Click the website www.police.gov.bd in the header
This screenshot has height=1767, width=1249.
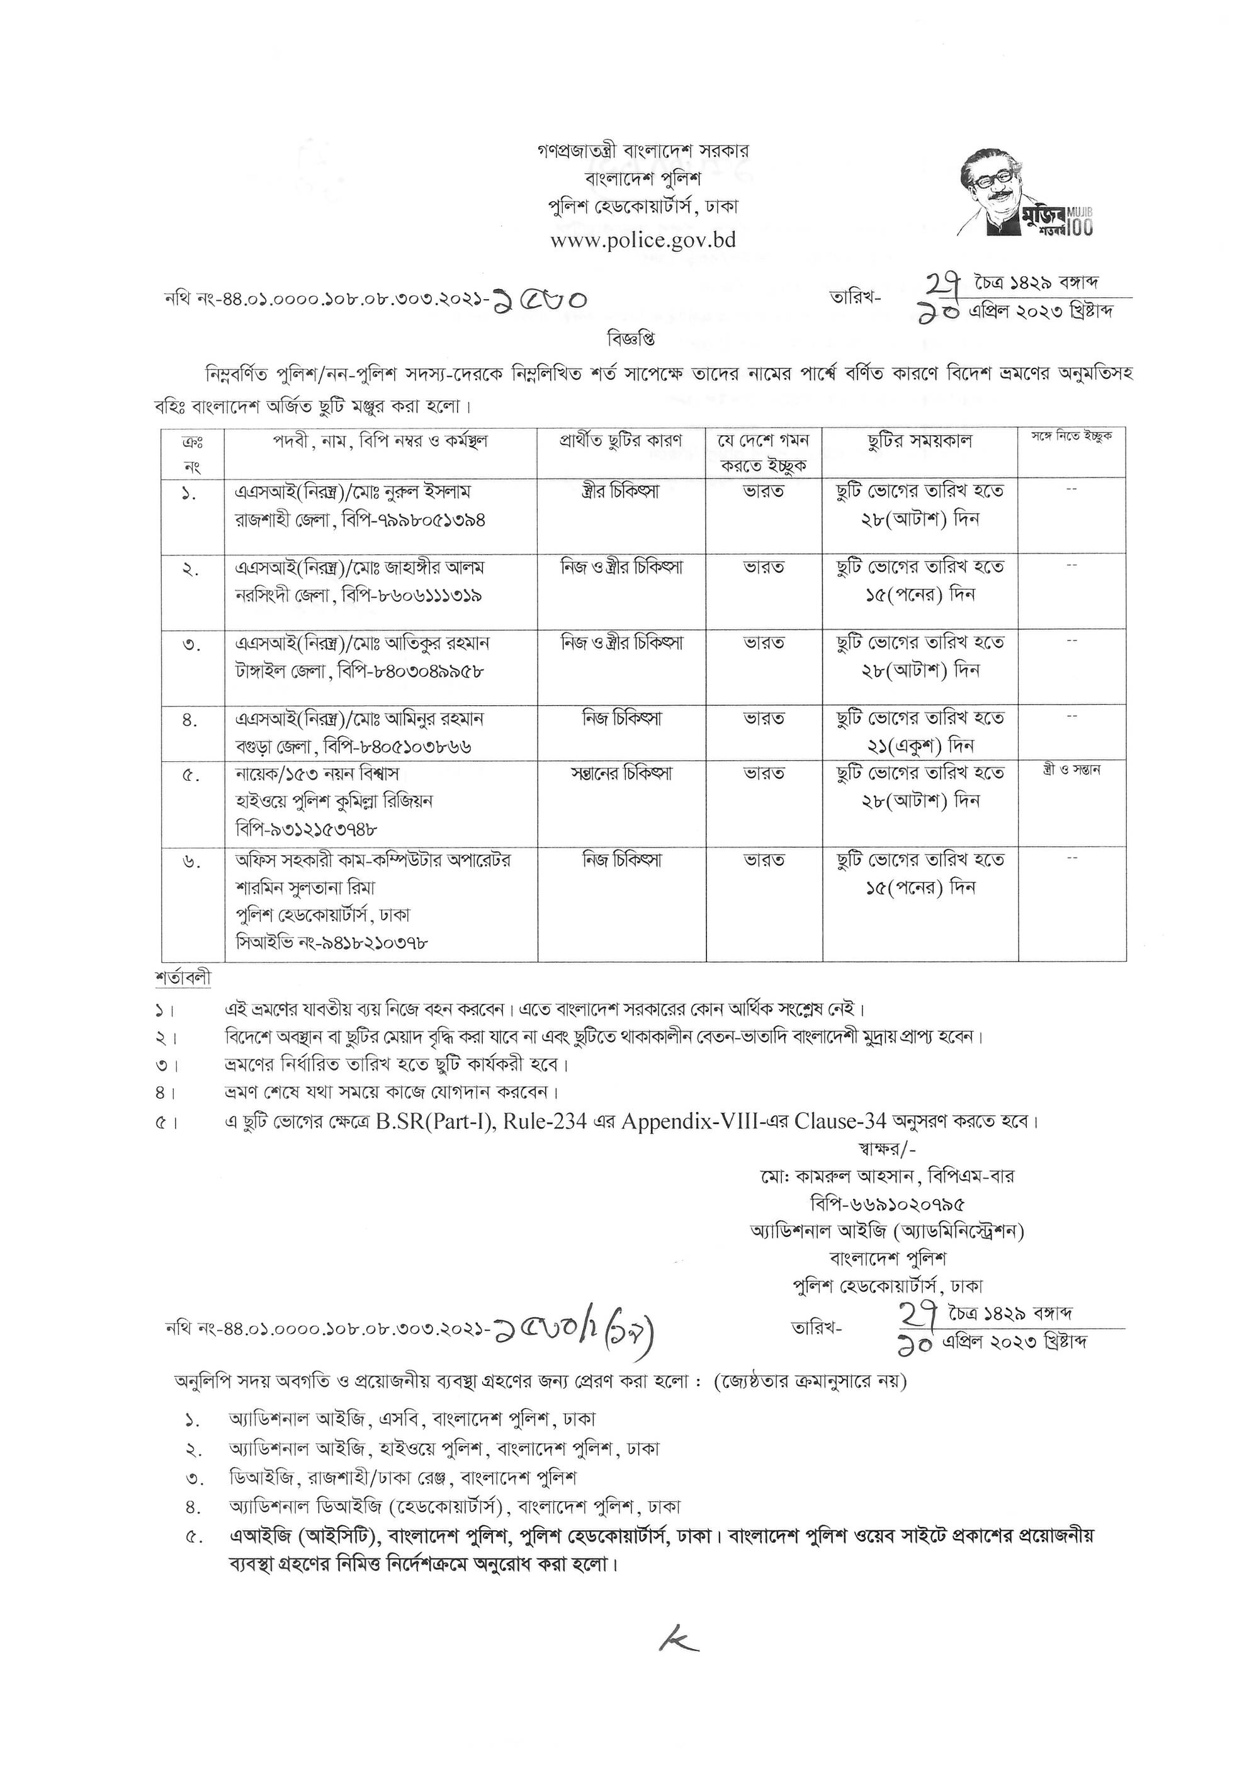[x=643, y=240]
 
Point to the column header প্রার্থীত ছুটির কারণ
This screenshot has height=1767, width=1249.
[x=621, y=441]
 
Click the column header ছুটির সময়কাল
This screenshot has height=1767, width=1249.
[x=920, y=441]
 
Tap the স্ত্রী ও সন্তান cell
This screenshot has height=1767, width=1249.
[x=1071, y=770]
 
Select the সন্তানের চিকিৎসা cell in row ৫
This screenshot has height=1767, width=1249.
[x=621, y=773]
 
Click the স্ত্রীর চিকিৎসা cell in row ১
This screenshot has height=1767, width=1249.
[x=621, y=491]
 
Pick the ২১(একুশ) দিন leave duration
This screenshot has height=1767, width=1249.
[x=920, y=746]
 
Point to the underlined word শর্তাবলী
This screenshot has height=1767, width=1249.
[x=183, y=978]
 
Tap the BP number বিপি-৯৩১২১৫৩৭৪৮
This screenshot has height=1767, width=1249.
[x=305, y=828]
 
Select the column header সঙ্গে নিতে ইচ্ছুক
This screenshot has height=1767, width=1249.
[x=1071, y=437]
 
